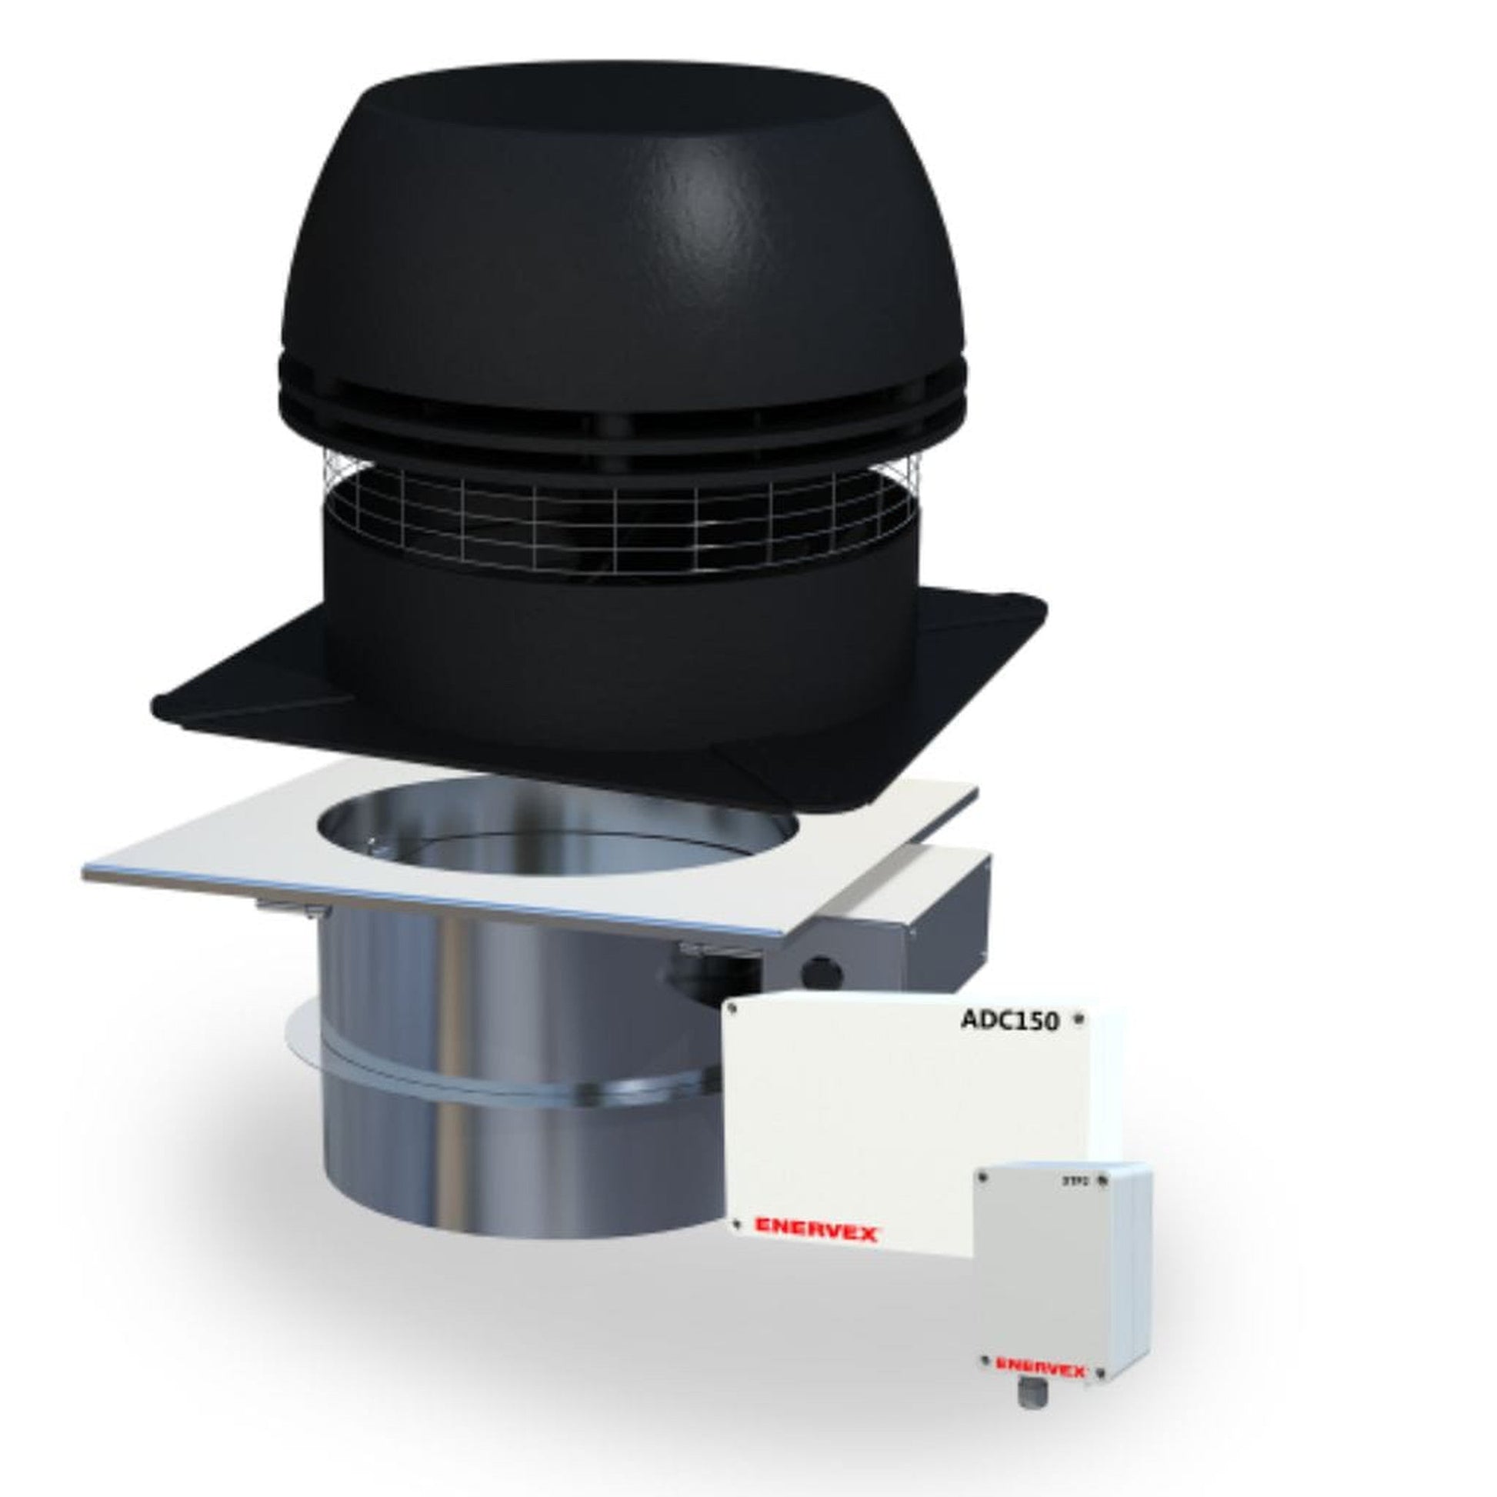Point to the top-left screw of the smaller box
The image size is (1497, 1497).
tap(983, 1198)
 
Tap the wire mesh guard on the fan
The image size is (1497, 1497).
tap(620, 512)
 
